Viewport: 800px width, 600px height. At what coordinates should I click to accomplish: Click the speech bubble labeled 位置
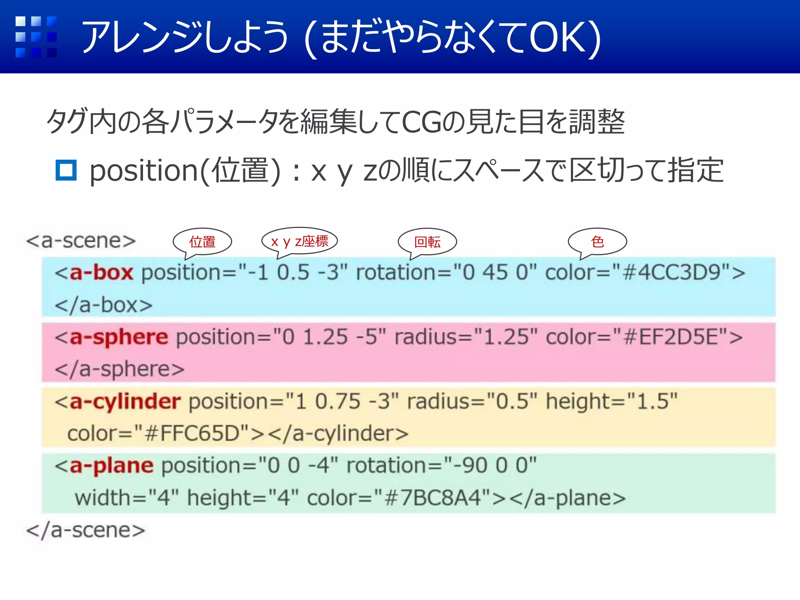[202, 242]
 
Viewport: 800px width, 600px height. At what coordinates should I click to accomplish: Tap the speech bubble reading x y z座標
[300, 241]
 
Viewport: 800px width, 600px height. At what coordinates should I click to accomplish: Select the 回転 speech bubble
[427, 242]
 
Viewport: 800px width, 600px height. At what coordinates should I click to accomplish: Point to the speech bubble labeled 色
[597, 242]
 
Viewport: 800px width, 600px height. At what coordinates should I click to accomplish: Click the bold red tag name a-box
[101, 272]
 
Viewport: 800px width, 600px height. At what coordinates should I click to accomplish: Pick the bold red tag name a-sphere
[119, 337]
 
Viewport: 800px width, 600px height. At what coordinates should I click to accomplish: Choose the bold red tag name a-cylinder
[125, 402]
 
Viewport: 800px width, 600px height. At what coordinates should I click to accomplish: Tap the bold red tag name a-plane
[111, 466]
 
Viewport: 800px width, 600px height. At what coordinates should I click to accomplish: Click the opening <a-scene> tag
[81, 241]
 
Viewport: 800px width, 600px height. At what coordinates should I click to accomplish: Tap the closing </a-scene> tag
[86, 530]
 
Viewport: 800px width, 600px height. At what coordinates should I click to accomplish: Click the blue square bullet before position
[66, 170]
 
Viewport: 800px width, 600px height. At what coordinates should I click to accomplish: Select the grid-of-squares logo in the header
[36, 37]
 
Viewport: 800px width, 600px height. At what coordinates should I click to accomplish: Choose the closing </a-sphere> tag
[120, 369]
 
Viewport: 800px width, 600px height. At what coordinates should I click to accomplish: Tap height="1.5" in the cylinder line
[611, 402]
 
